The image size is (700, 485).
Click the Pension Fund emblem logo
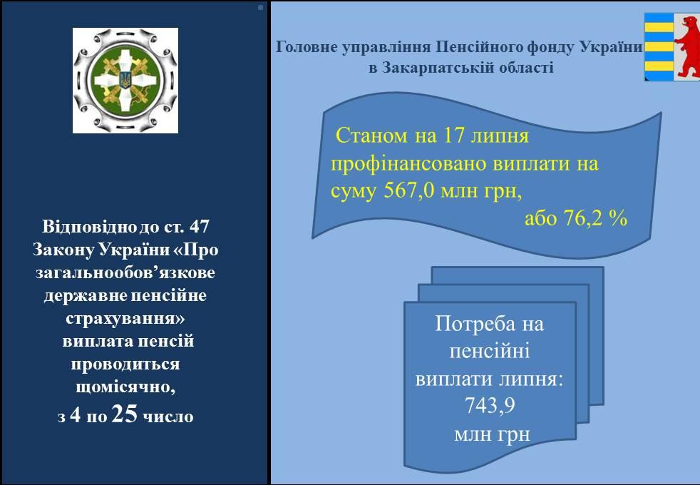point(125,81)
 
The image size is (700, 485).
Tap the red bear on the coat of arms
point(687,46)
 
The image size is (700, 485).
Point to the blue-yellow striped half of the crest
point(659,46)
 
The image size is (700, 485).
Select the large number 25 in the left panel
point(125,414)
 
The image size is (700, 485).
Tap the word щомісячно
point(125,387)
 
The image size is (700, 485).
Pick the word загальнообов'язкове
point(125,272)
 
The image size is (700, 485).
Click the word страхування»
point(125,318)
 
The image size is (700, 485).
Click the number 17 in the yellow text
point(453,136)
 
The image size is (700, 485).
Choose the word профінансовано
point(408,164)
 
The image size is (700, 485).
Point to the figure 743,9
point(490,406)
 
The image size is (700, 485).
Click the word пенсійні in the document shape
point(489,351)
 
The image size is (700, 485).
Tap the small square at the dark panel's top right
point(261,7)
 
